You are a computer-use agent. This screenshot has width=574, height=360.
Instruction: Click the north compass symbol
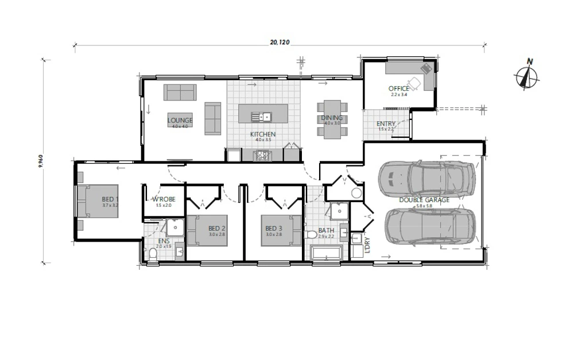[527, 76]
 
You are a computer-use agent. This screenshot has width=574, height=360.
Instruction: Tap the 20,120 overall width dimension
[280, 42]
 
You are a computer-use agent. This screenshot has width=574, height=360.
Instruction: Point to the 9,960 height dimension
[40, 161]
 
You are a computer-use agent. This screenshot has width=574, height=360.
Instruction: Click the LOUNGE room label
[180, 121]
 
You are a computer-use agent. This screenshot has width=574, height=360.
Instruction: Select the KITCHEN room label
[263, 135]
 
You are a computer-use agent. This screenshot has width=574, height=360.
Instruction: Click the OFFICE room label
[399, 88]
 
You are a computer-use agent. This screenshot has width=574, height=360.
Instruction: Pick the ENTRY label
[385, 124]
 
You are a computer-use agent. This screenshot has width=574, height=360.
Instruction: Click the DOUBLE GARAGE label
[425, 200]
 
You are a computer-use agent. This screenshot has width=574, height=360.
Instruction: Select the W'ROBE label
[164, 200]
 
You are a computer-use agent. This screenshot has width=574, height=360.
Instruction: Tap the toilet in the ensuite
[153, 253]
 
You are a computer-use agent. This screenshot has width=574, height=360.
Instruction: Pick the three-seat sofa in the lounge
[180, 92]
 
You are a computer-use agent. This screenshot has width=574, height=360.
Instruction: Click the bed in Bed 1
[99, 202]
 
